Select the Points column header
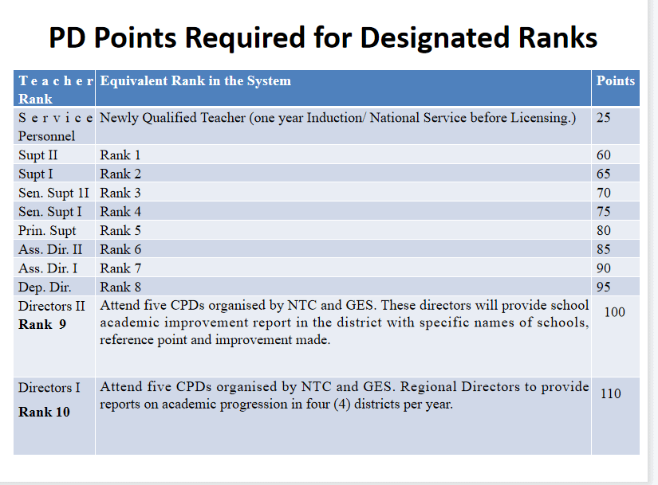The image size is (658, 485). pos(616,80)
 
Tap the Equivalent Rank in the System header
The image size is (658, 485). pos(195,80)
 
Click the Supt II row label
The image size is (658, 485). pos(37,155)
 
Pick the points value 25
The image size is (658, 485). pos(604,117)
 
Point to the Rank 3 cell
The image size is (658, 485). pos(120,193)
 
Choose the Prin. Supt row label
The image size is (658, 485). pos(47,231)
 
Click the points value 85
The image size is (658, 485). pos(604,249)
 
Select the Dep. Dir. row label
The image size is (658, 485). pos(45,287)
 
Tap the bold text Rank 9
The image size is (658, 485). pos(42,324)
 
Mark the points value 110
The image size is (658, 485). pos(611,393)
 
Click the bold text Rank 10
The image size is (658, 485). pos(44,412)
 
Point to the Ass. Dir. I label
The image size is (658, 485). pos(48,268)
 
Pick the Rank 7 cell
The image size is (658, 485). pos(120,268)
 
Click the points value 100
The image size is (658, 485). pos(615,312)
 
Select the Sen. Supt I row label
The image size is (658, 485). pos(50,212)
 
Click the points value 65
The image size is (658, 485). pos(604,174)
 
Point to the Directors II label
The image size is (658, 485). pos(52,306)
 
